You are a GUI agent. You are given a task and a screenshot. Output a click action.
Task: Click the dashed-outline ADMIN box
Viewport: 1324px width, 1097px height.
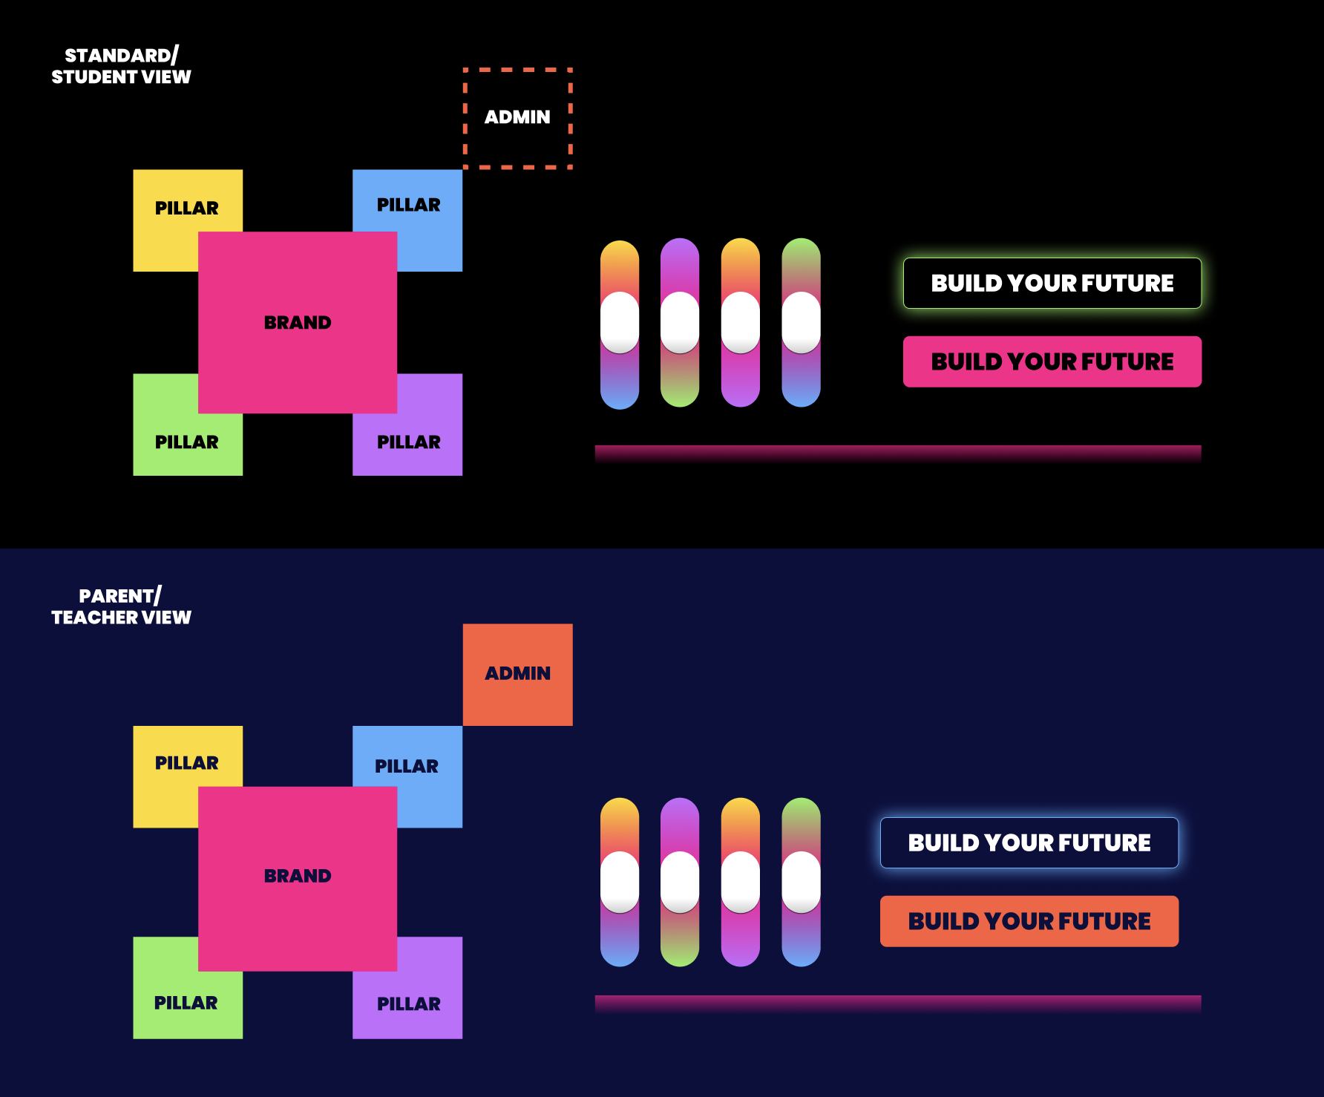click(517, 118)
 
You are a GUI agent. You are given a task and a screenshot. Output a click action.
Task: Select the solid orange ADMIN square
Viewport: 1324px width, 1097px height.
click(517, 674)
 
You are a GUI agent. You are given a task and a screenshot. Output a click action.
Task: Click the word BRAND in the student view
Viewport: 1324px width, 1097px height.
click(298, 323)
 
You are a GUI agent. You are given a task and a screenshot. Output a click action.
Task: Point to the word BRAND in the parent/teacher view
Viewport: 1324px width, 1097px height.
click(298, 877)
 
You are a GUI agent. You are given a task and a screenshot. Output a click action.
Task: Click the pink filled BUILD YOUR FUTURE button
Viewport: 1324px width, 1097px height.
click(1052, 361)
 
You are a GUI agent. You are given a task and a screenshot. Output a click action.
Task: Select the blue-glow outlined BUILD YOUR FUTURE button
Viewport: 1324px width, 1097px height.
click(1029, 842)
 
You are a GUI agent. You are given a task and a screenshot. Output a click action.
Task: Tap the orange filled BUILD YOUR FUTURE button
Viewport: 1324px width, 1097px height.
click(1029, 921)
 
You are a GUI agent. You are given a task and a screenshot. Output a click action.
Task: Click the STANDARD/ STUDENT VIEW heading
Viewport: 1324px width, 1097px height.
click(121, 66)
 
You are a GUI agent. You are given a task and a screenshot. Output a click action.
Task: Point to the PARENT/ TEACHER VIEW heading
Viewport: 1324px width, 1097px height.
click(121, 606)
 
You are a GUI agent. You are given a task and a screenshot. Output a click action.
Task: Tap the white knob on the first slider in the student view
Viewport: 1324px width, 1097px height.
click(620, 323)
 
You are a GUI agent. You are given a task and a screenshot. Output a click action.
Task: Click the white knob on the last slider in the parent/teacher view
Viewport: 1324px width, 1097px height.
click(801, 882)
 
